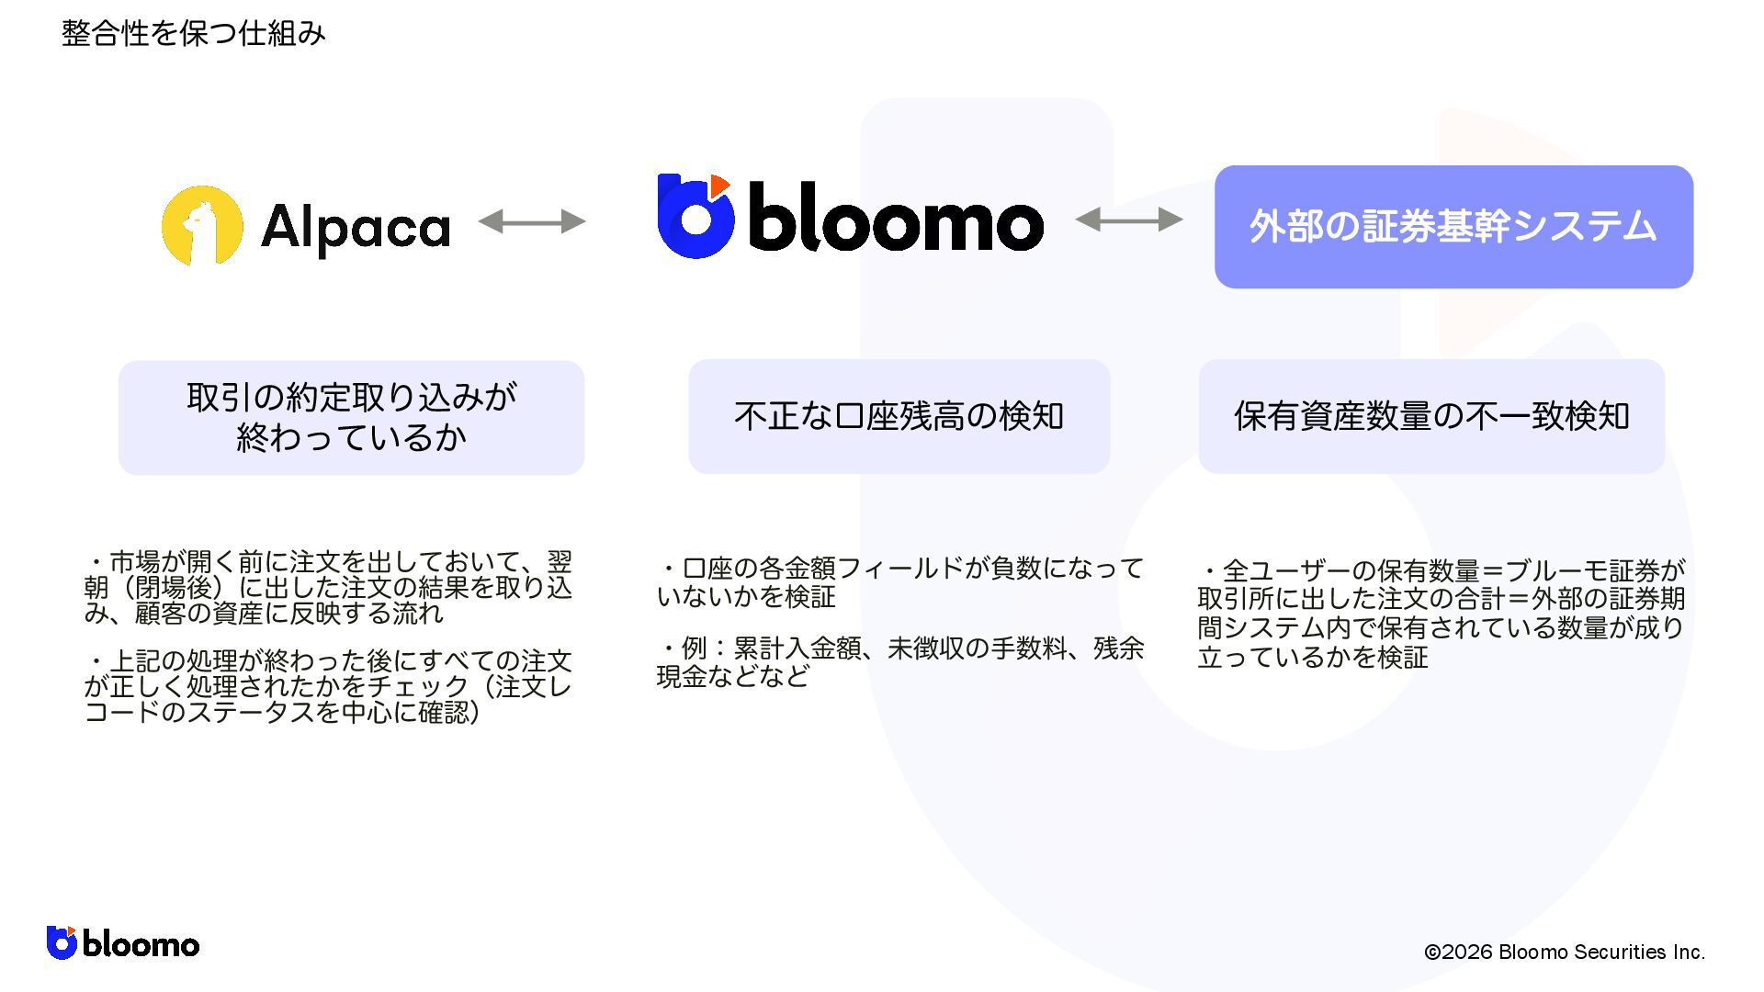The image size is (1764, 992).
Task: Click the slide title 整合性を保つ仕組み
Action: point(193,34)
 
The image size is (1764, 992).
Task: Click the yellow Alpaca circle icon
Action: point(202,225)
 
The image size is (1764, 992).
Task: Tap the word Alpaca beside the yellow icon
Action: point(356,227)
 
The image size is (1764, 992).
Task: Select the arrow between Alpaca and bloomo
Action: point(532,221)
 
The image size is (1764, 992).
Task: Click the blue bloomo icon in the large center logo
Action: point(695,219)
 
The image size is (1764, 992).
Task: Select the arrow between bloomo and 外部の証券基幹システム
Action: point(1128,220)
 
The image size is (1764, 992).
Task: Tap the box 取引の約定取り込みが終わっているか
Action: point(351,418)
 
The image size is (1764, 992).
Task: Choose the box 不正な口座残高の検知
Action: point(899,417)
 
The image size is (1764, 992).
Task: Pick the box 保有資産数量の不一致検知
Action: point(1430,417)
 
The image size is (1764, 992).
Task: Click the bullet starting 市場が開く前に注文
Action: point(328,587)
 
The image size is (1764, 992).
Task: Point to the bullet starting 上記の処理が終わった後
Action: point(328,686)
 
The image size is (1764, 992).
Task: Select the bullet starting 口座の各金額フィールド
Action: point(900,582)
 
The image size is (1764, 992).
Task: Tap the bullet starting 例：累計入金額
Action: point(900,662)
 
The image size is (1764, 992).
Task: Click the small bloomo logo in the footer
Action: point(123,943)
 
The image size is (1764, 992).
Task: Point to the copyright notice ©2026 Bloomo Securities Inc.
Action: point(1564,953)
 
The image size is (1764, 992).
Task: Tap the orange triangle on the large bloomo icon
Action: point(719,185)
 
